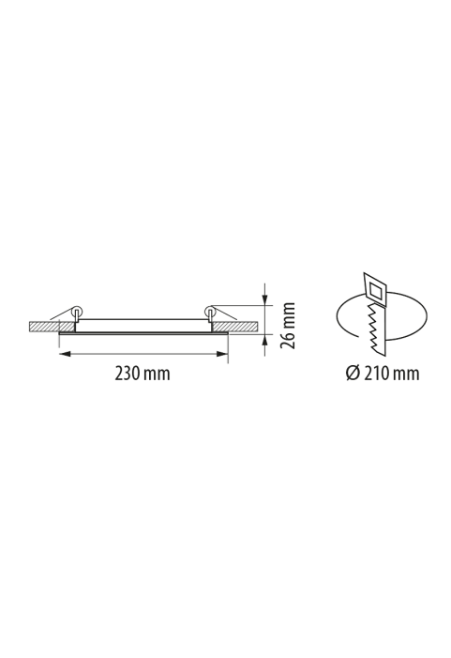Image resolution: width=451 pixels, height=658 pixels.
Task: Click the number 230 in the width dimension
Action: [128, 373]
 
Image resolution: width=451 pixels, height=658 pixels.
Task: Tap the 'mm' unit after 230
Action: [157, 375]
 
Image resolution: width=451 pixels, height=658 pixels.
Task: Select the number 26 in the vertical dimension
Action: [288, 339]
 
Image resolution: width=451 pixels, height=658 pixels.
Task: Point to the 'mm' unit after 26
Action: [289, 314]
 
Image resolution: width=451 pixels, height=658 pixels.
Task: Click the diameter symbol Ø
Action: [353, 373]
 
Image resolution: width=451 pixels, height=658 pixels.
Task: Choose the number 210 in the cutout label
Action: [376, 373]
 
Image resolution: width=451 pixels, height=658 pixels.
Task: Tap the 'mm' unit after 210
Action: [406, 375]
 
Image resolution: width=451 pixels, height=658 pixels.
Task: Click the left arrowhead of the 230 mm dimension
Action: [65, 354]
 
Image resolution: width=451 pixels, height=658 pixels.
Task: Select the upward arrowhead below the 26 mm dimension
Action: [264, 341]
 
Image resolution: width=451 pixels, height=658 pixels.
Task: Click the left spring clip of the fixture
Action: [77, 314]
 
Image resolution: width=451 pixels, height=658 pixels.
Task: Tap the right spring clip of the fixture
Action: [210, 314]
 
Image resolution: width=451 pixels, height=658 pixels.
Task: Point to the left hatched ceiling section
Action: [52, 327]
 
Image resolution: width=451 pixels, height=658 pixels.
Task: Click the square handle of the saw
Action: [375, 288]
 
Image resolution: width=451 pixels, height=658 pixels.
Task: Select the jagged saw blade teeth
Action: [374, 329]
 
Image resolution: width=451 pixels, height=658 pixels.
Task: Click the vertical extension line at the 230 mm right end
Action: [228, 348]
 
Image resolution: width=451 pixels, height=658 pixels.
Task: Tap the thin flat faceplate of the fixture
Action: [143, 333]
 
